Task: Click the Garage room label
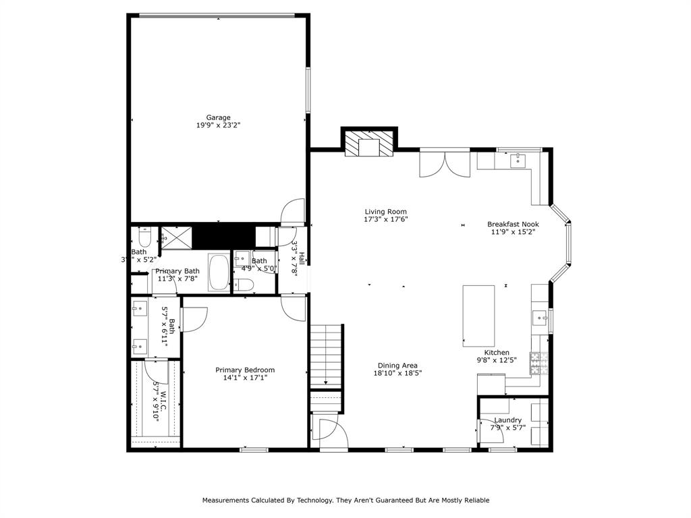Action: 218,117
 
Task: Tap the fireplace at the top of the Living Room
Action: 368,144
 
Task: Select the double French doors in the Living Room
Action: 445,164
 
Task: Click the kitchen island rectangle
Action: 478,316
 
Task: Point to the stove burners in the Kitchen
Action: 538,364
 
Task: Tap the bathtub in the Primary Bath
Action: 219,272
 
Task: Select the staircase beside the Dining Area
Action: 327,355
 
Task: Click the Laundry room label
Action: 507,420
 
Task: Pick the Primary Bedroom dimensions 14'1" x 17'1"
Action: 245,378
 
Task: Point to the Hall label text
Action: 302,259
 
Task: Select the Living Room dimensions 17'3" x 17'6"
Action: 385,219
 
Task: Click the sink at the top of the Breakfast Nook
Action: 518,161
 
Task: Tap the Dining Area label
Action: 397,366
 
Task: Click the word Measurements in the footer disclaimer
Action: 229,500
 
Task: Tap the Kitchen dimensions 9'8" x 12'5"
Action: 497,360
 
